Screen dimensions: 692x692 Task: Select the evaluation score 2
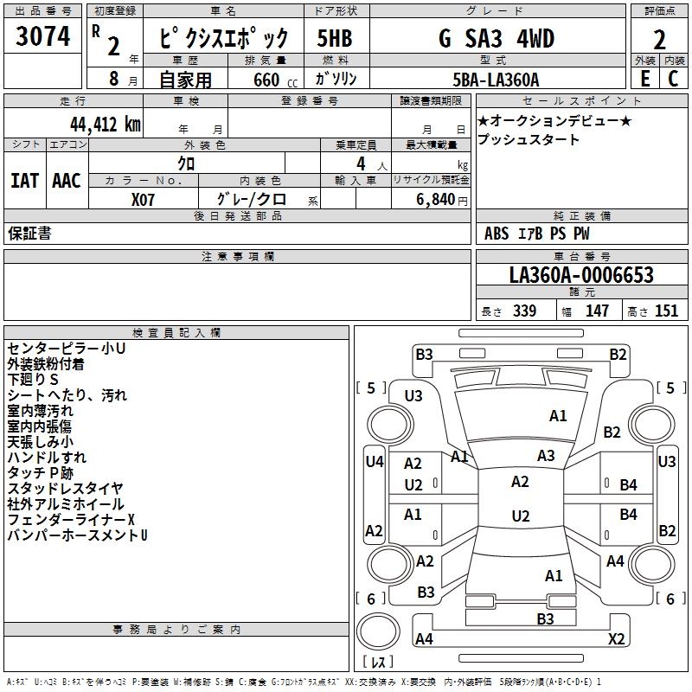(659, 40)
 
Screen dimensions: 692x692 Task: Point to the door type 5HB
(335, 39)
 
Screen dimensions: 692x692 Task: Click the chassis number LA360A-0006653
(581, 276)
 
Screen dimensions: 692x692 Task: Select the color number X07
(143, 199)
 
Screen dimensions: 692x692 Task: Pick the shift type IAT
(24, 181)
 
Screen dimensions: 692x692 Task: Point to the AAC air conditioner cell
(67, 181)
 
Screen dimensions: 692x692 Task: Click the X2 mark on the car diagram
(616, 639)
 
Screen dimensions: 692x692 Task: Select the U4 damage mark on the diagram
(374, 462)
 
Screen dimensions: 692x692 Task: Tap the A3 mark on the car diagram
(546, 456)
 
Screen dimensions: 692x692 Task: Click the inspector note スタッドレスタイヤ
(65, 489)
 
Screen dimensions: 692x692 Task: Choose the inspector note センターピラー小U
(66, 349)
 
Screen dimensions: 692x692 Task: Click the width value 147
(597, 311)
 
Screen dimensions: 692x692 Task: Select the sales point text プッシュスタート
(529, 139)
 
